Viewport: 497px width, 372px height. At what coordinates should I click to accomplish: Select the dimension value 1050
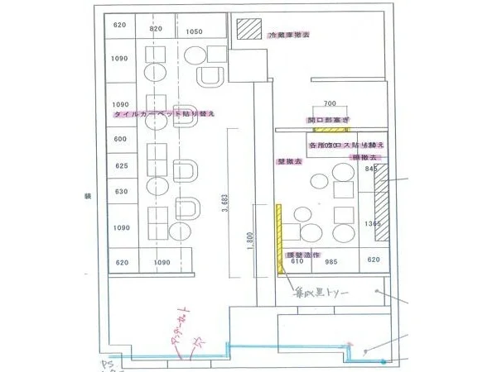tap(194, 32)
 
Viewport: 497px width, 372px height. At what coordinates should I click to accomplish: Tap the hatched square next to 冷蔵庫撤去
tap(248, 30)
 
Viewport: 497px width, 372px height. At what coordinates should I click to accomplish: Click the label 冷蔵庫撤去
tap(289, 36)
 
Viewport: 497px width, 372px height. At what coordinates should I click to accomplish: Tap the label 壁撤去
tap(289, 162)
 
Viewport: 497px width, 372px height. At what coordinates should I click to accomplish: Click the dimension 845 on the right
tap(371, 170)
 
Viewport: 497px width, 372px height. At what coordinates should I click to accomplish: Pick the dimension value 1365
tap(372, 224)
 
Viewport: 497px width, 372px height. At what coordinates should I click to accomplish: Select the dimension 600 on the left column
tap(120, 139)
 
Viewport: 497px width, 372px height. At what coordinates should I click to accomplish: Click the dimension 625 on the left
tap(120, 166)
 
